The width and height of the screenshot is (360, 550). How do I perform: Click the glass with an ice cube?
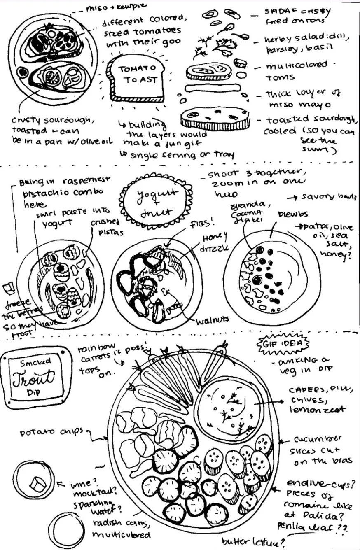tap(33, 481)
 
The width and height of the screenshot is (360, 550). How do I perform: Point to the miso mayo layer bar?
tap(212, 89)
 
